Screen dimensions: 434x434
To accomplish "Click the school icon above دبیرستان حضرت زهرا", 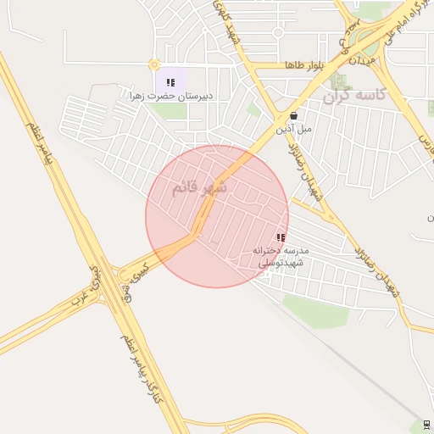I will pos(170,83).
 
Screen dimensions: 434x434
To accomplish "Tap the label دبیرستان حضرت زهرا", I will pos(170,97).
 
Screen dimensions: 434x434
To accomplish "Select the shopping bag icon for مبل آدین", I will pos(293,116).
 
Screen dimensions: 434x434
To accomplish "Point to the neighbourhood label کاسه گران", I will pos(354,96).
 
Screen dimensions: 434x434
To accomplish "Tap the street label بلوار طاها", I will pos(306,65).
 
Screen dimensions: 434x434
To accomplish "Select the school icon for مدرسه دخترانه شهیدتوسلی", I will pos(281,238).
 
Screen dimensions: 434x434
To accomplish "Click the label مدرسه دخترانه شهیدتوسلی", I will pos(283,257).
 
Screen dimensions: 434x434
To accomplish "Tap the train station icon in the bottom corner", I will pos(426,425).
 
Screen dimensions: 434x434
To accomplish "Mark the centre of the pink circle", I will pos(217,216).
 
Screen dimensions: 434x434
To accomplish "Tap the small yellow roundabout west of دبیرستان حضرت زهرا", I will pos(153,64).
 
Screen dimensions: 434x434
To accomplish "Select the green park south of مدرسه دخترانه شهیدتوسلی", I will pos(315,310).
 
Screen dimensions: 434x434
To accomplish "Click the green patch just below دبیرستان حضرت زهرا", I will pos(170,111).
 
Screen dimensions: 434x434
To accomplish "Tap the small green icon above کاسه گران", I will pos(340,81).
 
